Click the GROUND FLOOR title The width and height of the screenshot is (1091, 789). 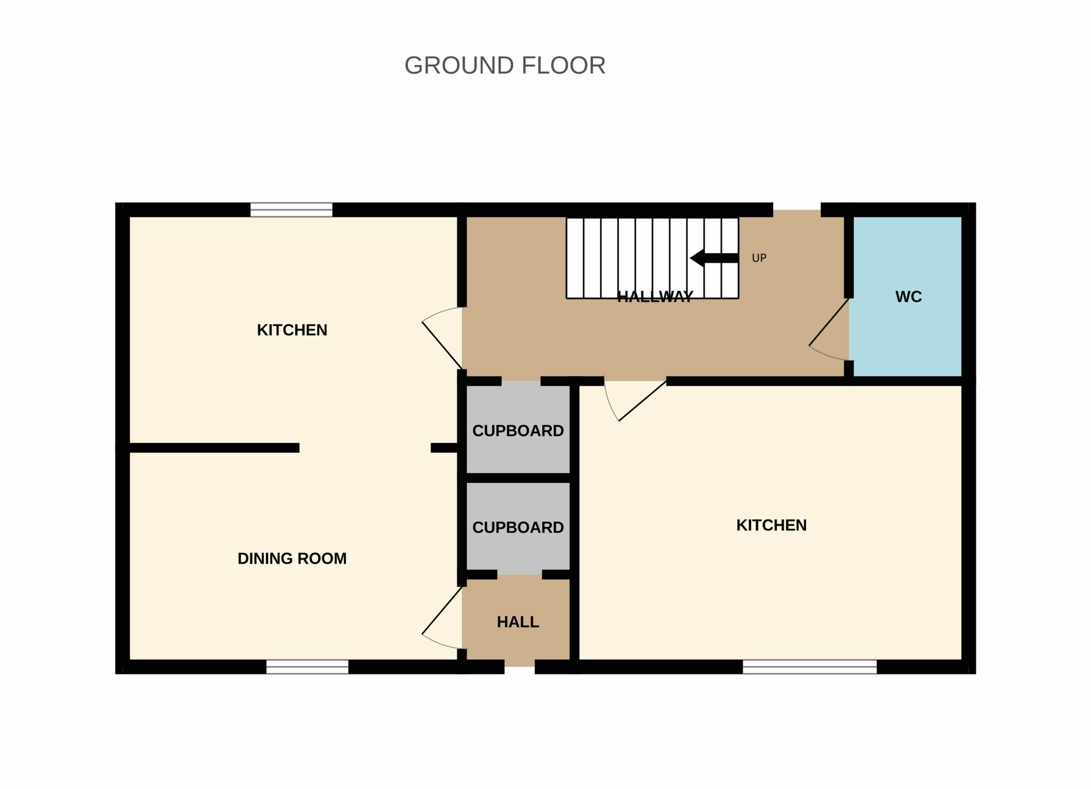[505, 65]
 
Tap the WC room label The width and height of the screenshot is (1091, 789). [908, 297]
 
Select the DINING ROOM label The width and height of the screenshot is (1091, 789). [292, 558]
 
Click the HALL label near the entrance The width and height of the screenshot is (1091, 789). [518, 622]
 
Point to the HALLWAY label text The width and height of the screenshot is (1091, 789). [655, 297]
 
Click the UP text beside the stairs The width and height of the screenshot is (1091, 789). [759, 258]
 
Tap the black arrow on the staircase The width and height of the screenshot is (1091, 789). [714, 258]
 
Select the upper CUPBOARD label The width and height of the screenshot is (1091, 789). [518, 430]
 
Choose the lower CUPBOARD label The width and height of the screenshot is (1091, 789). [518, 527]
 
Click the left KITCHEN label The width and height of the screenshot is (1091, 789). [292, 330]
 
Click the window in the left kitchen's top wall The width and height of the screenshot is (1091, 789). [292, 210]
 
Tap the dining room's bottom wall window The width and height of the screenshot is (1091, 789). [307, 667]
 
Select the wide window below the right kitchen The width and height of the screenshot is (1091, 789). [810, 667]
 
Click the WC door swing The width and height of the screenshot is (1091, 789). [828, 330]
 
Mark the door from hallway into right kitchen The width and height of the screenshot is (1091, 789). [635, 401]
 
